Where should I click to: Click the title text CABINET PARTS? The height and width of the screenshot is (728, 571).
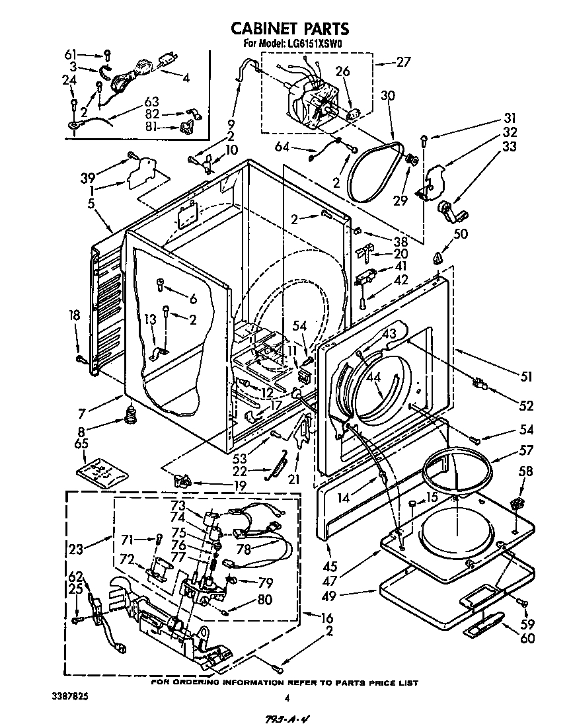[289, 28]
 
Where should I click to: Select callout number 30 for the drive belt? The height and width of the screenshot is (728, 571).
[388, 95]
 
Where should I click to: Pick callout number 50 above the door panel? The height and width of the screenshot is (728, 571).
[461, 233]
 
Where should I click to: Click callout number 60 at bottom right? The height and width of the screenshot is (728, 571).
[527, 638]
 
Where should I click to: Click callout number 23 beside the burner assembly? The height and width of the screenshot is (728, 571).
[76, 547]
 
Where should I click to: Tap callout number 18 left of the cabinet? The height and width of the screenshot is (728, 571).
[75, 316]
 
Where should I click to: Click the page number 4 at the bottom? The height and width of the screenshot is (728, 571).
[287, 698]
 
